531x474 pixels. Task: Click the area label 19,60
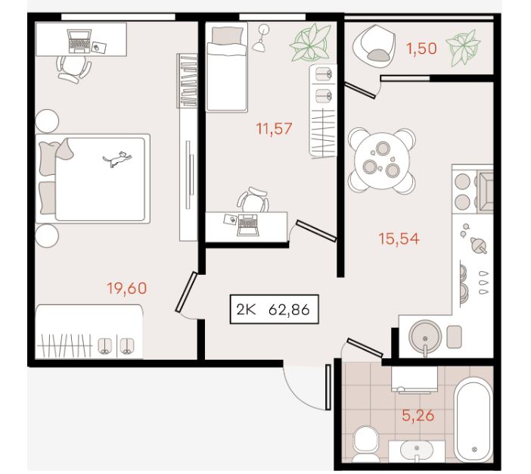tap(127, 288)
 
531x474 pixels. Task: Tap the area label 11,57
tap(274, 129)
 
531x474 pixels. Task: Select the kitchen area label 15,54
tap(399, 239)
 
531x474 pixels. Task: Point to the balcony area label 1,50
tap(421, 48)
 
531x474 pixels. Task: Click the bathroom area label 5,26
tap(418, 415)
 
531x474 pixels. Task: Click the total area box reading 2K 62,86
tap(275, 309)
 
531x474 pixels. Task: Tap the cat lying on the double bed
tap(117, 159)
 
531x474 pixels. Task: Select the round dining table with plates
tap(382, 161)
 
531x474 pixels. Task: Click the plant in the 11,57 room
tap(310, 42)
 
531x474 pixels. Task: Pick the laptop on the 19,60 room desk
tap(79, 42)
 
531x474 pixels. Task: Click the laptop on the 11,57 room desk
tap(247, 224)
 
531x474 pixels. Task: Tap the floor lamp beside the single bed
tap(262, 38)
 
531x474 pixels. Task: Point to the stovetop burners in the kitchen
tap(463, 192)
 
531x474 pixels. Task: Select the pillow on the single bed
tap(227, 36)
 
